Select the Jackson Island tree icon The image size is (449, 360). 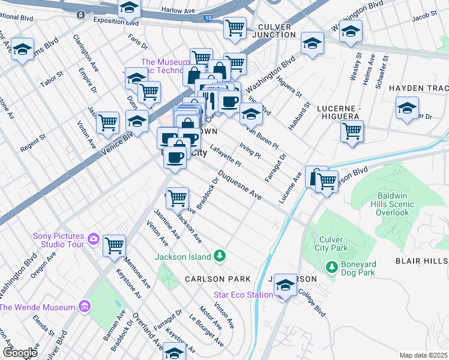point(220,256)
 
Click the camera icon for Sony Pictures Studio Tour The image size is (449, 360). point(93,239)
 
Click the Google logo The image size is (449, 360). point(20,353)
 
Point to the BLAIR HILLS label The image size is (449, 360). point(421,261)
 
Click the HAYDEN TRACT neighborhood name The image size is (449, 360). point(418,88)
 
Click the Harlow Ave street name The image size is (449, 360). point(178,10)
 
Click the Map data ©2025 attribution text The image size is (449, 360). point(424,355)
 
